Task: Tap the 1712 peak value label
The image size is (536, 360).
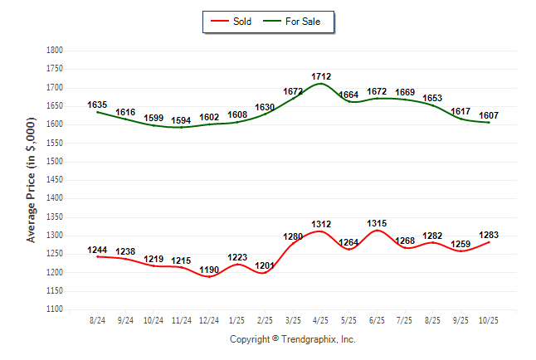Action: [321, 76]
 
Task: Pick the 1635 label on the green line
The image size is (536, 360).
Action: [97, 105]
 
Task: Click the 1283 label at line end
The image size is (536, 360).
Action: [488, 235]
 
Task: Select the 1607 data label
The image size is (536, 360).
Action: [488, 115]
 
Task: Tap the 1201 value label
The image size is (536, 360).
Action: [265, 265]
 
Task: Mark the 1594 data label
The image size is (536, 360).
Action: [181, 120]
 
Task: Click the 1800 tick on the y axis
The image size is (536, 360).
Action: [55, 51]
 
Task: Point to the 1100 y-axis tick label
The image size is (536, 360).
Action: [55, 309]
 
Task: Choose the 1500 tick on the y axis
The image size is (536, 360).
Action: [55, 162]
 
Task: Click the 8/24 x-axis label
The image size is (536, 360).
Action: [97, 320]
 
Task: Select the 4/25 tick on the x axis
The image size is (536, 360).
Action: [321, 320]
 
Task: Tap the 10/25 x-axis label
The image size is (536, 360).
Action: [488, 320]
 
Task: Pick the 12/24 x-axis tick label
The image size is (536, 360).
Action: [209, 320]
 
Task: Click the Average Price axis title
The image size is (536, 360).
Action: [32, 180]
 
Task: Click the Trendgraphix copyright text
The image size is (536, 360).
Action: [292, 340]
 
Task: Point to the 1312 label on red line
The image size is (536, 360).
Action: [321, 224]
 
